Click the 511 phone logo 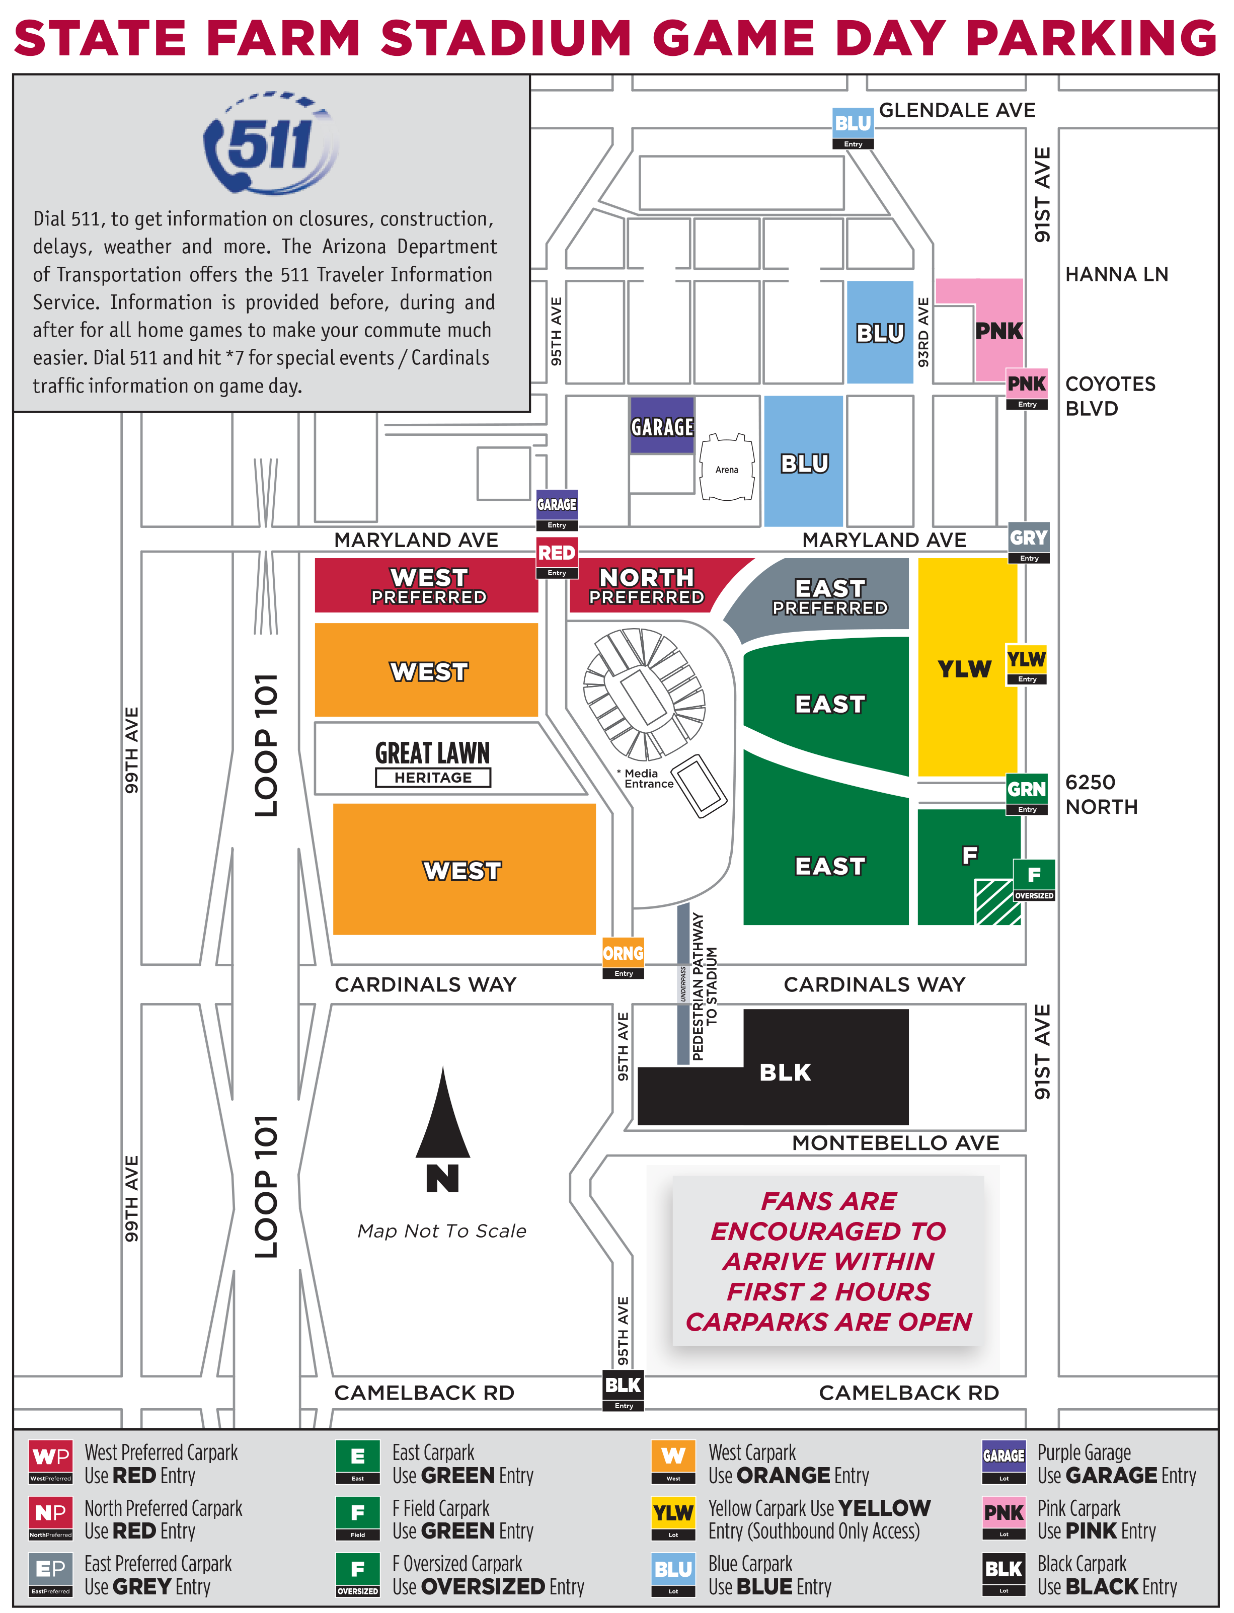click(270, 143)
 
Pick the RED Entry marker click(557, 558)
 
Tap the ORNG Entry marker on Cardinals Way click(623, 958)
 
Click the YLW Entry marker click(1026, 664)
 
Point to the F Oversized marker click(1034, 880)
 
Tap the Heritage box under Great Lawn click(433, 777)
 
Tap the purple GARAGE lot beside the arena click(662, 425)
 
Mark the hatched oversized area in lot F click(997, 902)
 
